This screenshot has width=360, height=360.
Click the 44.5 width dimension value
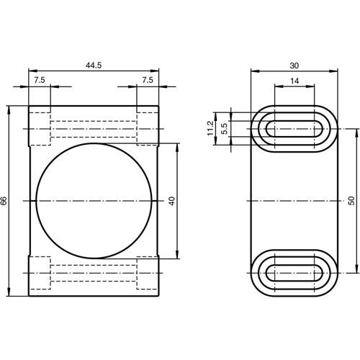coord(94,65)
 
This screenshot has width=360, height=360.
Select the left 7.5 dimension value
coord(39,80)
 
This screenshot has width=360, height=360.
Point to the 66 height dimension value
coord(4,201)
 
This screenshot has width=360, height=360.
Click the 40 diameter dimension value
coord(171,201)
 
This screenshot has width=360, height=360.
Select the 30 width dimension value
coord(294,65)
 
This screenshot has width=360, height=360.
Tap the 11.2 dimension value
coord(210,129)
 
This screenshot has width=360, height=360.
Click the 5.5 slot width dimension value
coord(224,129)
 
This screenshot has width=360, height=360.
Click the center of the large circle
coord(94,201)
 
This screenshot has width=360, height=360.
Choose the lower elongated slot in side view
coord(294,273)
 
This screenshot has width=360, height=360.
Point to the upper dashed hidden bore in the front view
coord(94,130)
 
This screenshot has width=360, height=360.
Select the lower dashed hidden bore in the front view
coord(94,273)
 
